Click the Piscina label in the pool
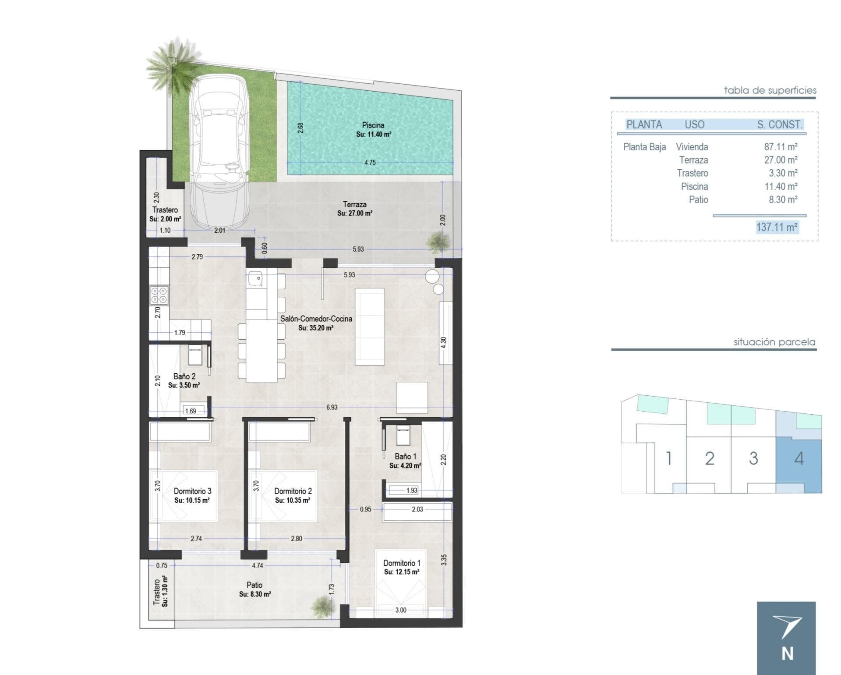tap(373, 125)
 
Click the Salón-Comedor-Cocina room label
tap(316, 319)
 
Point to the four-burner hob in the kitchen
tap(159, 295)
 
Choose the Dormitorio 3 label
tap(192, 491)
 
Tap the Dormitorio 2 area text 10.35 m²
tap(293, 500)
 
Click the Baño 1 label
tap(405, 456)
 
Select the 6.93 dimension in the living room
tap(332, 407)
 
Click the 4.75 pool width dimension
tap(370, 162)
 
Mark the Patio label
tap(254, 585)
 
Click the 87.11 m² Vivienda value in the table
tap(781, 147)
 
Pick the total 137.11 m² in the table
tap(777, 227)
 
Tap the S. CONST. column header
tap(780, 124)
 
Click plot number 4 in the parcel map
tap(799, 458)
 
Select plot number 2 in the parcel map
tap(710, 458)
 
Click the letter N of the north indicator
tap(787, 654)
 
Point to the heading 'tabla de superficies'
tap(770, 90)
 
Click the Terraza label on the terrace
tap(354, 204)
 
